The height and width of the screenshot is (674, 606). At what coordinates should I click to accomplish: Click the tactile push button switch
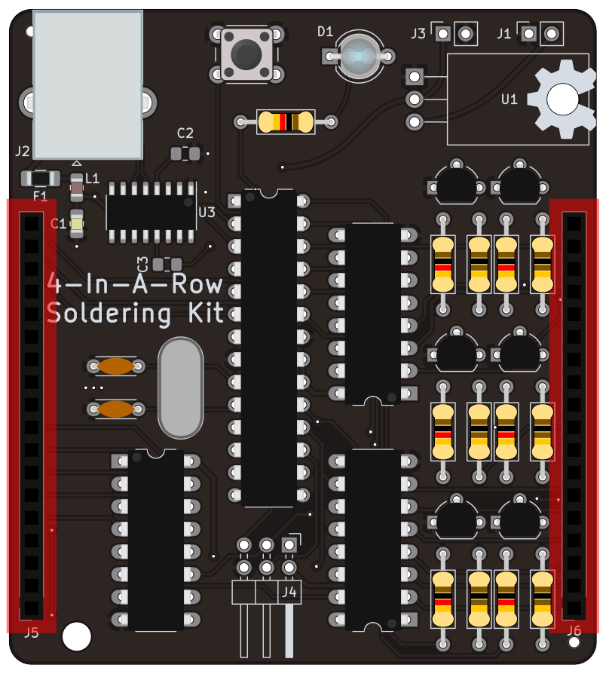coord(246,54)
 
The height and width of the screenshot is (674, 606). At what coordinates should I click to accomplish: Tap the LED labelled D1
coord(359,56)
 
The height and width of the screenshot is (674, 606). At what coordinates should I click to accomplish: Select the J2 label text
coord(23,151)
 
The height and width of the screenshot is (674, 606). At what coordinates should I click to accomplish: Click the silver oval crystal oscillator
coord(181,388)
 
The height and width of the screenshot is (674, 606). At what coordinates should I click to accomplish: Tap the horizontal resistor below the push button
coord(286,121)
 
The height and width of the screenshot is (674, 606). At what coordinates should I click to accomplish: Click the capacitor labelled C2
coord(185,154)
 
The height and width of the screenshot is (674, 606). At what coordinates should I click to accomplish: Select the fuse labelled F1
coord(40,179)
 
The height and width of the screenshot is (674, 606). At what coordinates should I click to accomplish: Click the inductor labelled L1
coord(76,186)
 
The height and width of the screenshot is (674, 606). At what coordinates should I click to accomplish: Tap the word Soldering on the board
coord(97,313)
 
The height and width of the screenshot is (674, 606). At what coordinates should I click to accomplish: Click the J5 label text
coord(31,633)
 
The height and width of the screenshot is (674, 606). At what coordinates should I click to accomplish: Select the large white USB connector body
coord(88,84)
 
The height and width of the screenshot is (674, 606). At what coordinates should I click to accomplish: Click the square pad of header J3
coord(443,33)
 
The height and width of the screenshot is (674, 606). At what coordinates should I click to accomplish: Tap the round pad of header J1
coord(552,33)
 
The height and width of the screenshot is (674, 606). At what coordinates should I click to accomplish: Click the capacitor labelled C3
coord(167,264)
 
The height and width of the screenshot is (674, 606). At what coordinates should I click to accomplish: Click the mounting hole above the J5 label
coord(76,636)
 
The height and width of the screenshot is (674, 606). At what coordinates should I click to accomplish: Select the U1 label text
coord(510,99)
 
